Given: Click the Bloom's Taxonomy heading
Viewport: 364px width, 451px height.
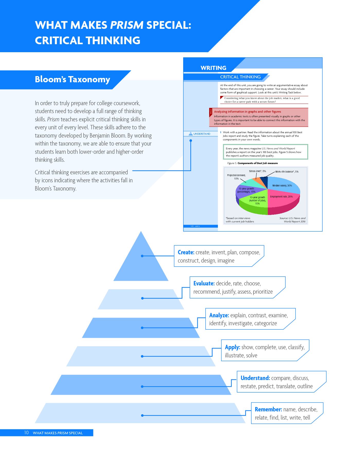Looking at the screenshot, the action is (72, 79).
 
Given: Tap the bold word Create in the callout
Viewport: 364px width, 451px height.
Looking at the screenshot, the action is (186, 252).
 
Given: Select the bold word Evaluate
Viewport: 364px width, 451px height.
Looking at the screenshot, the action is (204, 283).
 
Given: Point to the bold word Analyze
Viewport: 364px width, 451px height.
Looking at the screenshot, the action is (219, 315).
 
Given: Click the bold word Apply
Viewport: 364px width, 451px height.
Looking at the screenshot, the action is (233, 347).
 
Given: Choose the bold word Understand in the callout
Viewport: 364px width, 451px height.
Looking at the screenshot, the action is (255, 378).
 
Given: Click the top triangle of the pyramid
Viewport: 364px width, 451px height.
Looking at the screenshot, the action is (141, 262).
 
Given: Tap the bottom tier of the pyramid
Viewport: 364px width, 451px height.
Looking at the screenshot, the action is (140, 413).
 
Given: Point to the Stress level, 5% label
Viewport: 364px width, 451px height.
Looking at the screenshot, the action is (258, 171).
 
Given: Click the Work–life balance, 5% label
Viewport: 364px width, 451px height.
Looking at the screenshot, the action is (287, 172).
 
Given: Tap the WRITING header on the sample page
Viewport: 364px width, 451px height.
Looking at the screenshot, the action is (214, 68).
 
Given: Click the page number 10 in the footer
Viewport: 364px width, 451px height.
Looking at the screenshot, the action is (26, 433).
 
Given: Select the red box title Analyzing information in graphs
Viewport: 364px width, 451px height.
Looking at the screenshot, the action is (247, 112).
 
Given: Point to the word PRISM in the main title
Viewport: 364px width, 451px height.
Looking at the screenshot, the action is (127, 25).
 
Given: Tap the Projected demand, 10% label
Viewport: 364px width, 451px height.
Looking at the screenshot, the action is (236, 177).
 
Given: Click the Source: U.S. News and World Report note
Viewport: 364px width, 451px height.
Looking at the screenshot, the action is (293, 220).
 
